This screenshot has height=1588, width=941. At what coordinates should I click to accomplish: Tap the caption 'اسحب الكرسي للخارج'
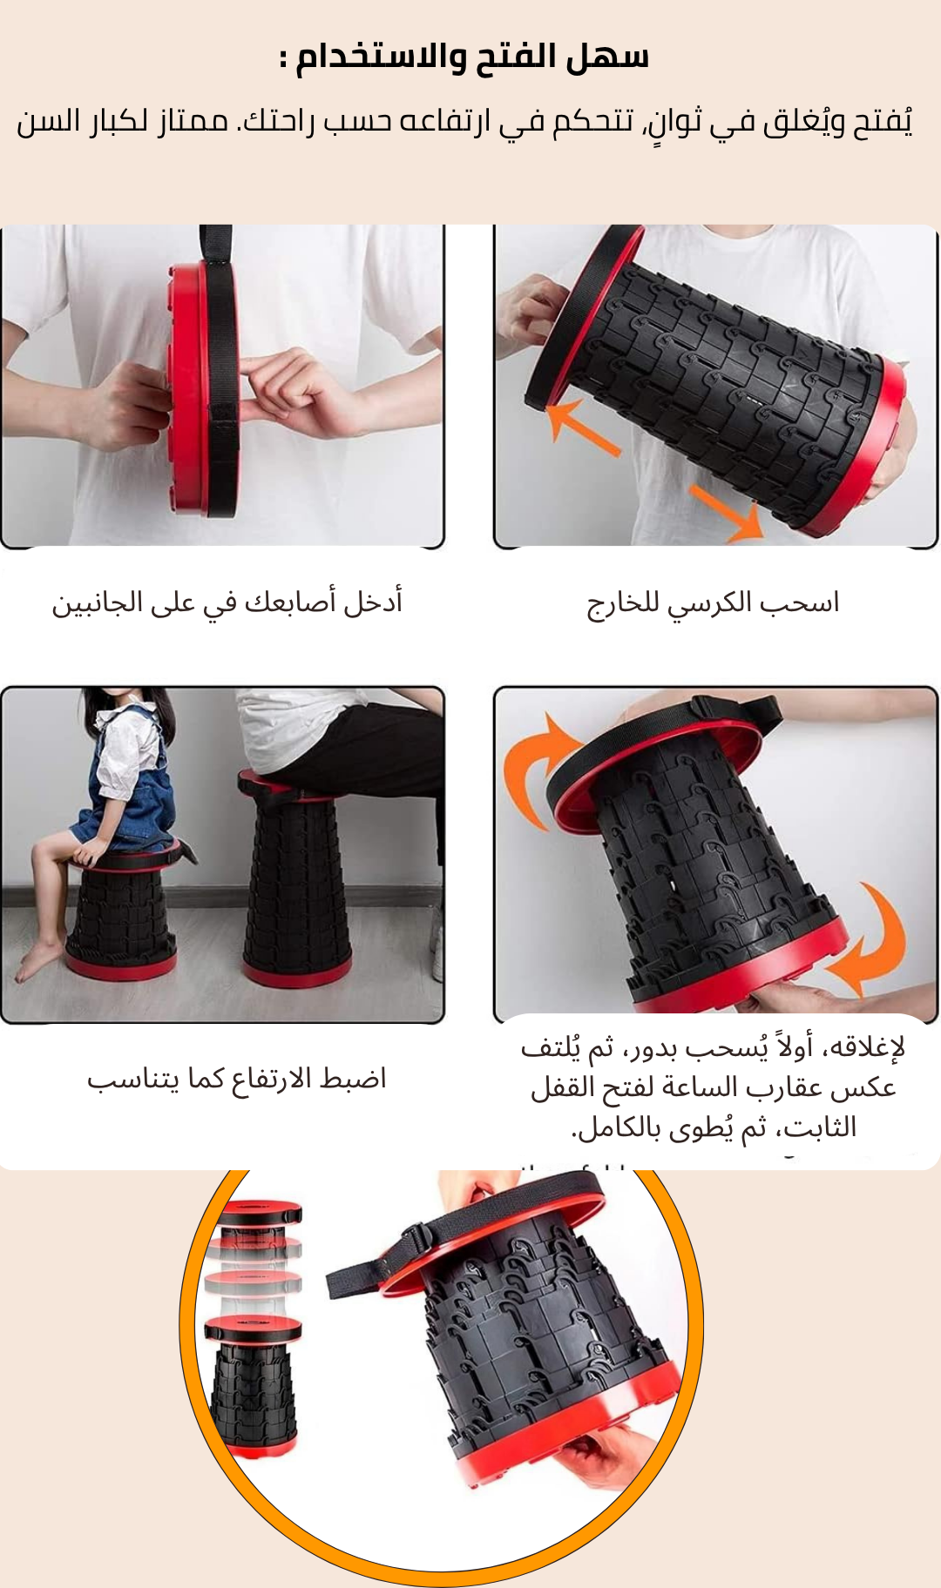coord(713,603)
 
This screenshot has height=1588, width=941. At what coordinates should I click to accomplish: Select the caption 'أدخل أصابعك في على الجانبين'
coord(227,602)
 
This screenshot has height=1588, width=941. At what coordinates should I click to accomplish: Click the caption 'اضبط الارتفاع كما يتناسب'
coord(236,1079)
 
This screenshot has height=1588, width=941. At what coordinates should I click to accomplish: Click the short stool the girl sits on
coord(122,914)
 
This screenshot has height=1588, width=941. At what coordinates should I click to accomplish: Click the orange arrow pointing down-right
coord(727,514)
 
